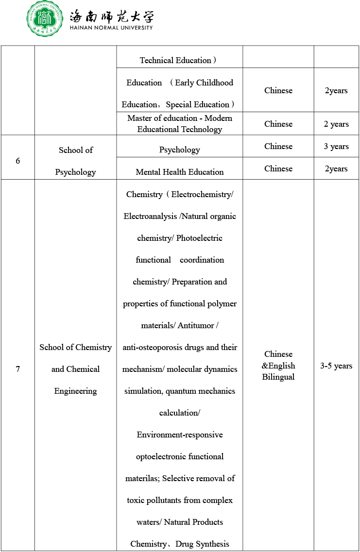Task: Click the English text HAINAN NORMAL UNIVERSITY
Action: click(111, 28)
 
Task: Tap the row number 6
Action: click(18, 161)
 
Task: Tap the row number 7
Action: click(18, 369)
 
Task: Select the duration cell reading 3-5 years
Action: click(336, 366)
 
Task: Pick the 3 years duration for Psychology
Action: click(336, 146)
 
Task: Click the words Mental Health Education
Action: click(180, 172)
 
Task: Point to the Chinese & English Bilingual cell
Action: click(278, 366)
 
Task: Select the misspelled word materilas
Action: click(142, 478)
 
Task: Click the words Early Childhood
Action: click(204, 83)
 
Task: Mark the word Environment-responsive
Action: click(180, 435)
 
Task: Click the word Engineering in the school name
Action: click(75, 391)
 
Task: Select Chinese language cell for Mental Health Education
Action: click(278, 168)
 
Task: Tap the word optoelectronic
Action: click(161, 456)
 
